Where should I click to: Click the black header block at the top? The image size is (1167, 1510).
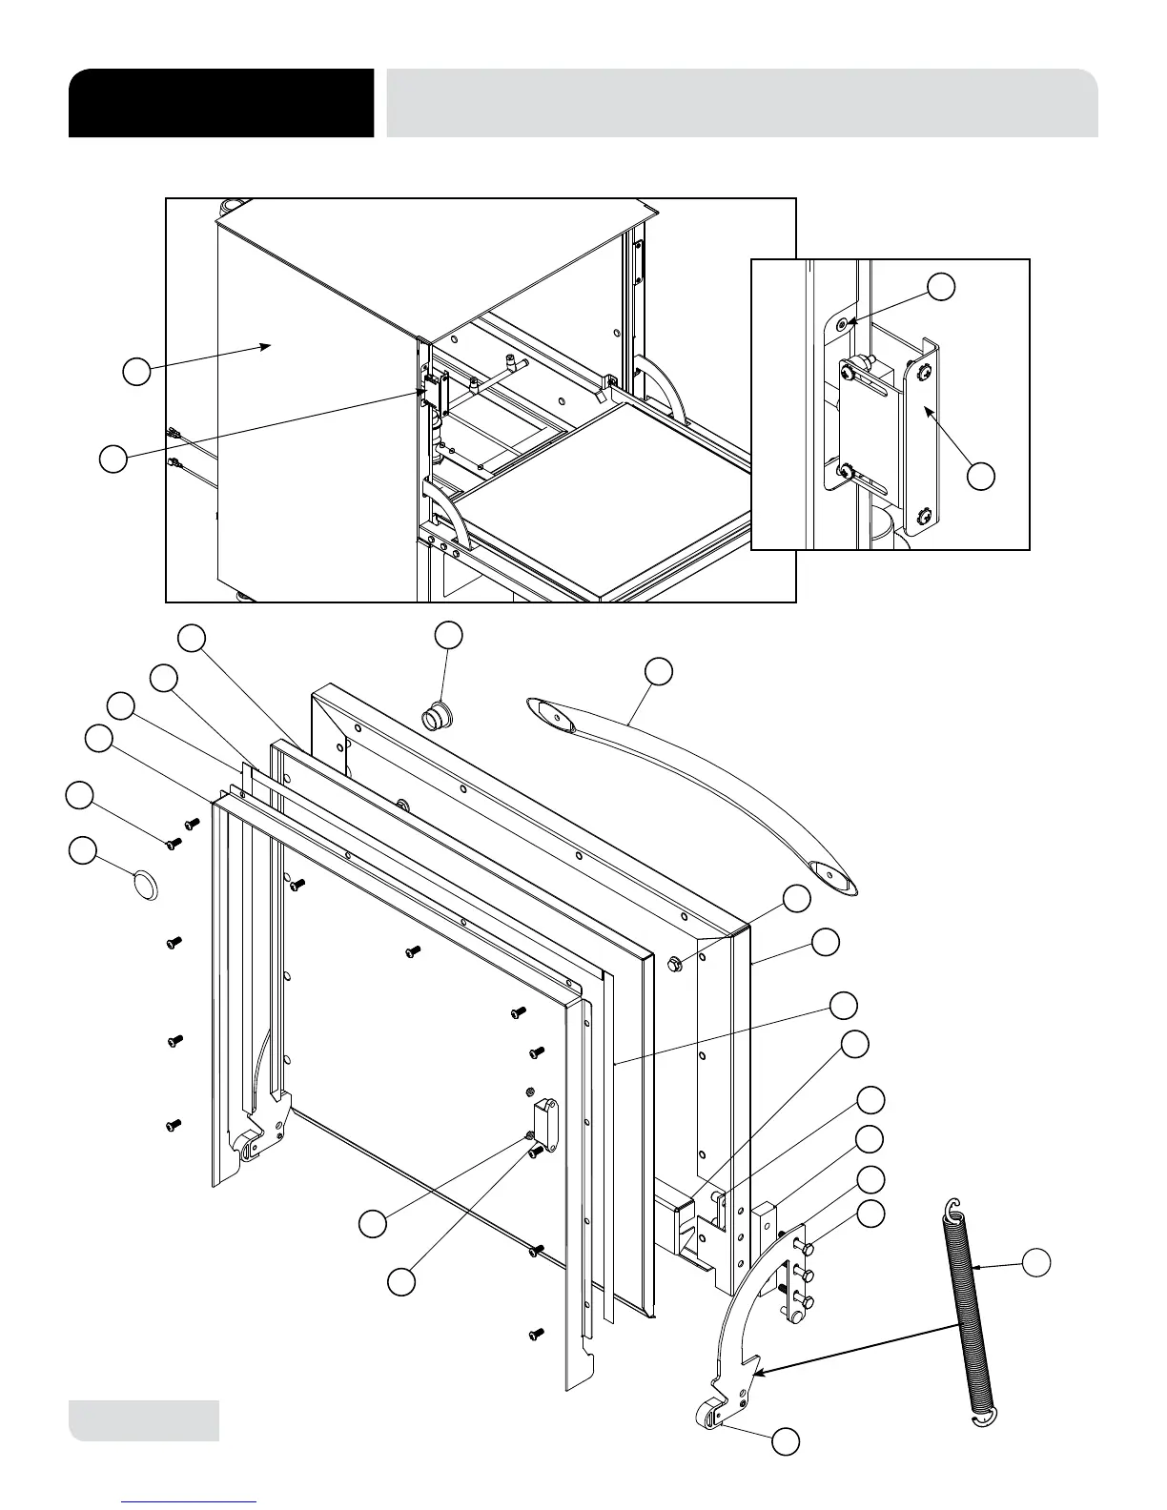coord(220,103)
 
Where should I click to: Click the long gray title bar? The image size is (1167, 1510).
coord(742,103)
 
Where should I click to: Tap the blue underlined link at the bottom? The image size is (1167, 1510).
coord(189,1501)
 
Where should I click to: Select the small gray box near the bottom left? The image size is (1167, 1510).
coord(144,1420)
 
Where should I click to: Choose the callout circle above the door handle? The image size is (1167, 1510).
coord(658,670)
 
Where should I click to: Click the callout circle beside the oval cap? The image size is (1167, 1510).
coord(83,851)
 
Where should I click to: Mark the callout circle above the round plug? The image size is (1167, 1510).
coord(449,636)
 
